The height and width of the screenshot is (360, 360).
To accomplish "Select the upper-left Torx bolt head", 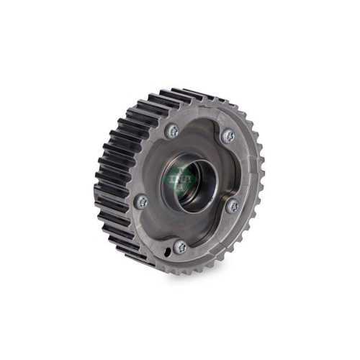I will point(173,131).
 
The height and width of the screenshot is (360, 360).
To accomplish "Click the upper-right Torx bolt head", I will point(228,135).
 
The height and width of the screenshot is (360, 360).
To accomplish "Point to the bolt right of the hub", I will point(232,205).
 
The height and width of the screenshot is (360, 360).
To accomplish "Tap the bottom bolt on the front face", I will point(181,246).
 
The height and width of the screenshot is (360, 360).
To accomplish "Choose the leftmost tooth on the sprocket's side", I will point(99,180).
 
